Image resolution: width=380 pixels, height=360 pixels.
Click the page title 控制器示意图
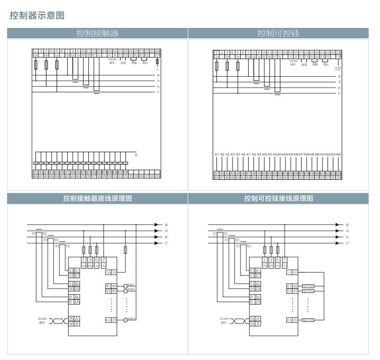pyautogui.click(x=37, y=16)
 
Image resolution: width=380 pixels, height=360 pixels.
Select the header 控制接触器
pyautogui.click(x=97, y=33)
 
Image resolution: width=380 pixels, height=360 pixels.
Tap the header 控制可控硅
pyautogui.click(x=278, y=33)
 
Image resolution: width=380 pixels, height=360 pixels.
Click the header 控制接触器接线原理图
pyautogui.click(x=97, y=199)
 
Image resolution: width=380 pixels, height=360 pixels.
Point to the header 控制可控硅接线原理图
pyautogui.click(x=278, y=199)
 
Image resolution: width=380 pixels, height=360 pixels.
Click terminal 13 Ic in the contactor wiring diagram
pyautogui.click(x=74, y=271)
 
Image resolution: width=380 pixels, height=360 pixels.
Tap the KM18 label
pyautogui.click(x=131, y=320)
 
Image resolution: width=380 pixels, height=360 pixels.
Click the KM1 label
pyautogui.click(x=131, y=285)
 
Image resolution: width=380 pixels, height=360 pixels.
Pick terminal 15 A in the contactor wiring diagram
pyautogui.click(x=74, y=319)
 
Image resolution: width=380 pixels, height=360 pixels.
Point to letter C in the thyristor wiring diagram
pyautogui.click(x=347, y=243)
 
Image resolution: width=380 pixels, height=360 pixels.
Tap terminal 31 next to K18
pyautogui.click(x=114, y=320)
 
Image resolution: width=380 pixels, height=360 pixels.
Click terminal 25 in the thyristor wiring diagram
pyautogui.click(x=295, y=320)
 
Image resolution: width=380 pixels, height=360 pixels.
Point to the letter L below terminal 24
pyautogui.click(x=157, y=69)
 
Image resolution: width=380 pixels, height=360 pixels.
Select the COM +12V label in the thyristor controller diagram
pyautogui.click(x=338, y=69)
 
